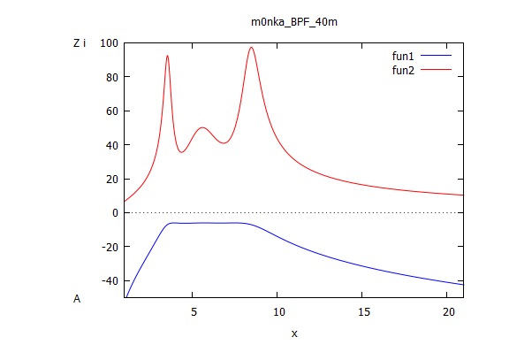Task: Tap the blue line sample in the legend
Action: pos(437,55)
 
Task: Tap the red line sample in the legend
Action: pos(437,68)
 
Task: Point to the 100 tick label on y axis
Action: pos(110,43)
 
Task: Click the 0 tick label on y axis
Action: pos(115,213)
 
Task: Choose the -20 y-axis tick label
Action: pos(110,247)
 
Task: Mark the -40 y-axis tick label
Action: pos(110,280)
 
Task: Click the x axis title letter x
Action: pos(293,334)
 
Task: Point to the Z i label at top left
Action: pos(80,42)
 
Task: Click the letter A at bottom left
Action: pos(77,299)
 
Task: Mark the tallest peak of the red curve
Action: pos(252,48)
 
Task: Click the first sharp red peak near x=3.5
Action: pos(167,56)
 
